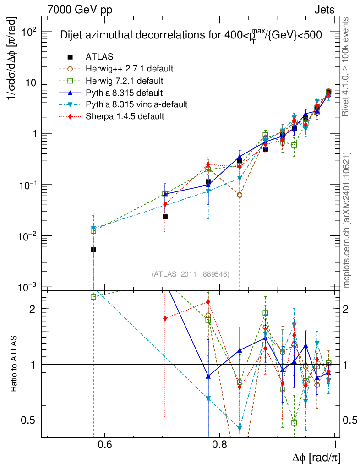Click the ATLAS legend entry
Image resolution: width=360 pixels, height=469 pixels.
tap(99, 57)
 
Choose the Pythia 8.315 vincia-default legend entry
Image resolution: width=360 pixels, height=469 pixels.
tap(136, 104)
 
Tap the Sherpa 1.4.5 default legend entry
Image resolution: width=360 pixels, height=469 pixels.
tap(125, 116)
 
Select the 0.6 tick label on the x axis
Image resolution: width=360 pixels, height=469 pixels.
tap(105, 444)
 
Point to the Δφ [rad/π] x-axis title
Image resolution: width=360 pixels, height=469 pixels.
tap(316, 458)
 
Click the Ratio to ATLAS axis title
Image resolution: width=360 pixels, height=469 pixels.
tap(14, 364)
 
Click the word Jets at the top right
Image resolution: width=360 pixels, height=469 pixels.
tap(324, 10)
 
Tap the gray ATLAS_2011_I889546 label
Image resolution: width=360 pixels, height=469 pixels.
tap(191, 274)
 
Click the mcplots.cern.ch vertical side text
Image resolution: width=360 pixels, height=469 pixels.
tap(347, 220)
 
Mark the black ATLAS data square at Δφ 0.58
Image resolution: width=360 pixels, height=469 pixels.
tap(93, 250)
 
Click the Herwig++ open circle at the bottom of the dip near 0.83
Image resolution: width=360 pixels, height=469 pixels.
tap(240, 195)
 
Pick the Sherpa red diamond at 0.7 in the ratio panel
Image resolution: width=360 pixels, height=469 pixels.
tap(165, 318)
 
